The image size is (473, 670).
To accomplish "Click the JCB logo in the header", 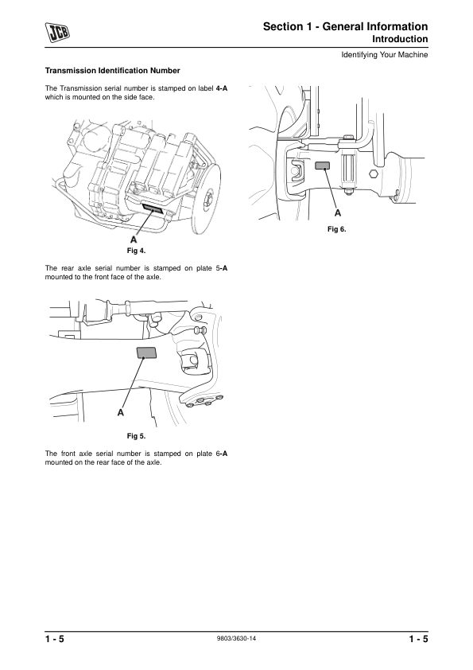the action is click(x=58, y=33).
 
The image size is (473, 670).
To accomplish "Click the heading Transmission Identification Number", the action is click(x=113, y=71).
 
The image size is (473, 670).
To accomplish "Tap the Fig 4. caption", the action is click(x=136, y=251).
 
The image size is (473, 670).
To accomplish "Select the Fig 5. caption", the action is click(x=136, y=436).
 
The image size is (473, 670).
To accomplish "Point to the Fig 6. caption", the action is click(x=337, y=229).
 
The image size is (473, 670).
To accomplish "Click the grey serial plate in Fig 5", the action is click(x=146, y=353).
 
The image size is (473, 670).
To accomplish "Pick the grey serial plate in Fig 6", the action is click(x=323, y=166).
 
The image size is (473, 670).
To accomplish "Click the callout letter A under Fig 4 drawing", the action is click(x=134, y=240).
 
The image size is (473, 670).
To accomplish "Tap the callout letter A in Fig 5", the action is click(x=121, y=413).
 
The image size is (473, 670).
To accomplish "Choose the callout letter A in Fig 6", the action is click(x=338, y=212).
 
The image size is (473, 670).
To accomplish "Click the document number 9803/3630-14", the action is click(x=237, y=638).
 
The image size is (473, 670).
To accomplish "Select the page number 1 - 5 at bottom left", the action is click(x=55, y=639).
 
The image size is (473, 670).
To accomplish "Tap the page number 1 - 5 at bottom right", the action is click(x=418, y=639).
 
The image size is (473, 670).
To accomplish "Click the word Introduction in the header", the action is click(x=400, y=39).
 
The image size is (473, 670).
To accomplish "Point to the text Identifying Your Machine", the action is click(x=385, y=55).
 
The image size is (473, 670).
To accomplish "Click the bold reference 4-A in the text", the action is click(x=222, y=88).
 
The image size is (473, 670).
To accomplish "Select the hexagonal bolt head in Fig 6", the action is click(x=374, y=174).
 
